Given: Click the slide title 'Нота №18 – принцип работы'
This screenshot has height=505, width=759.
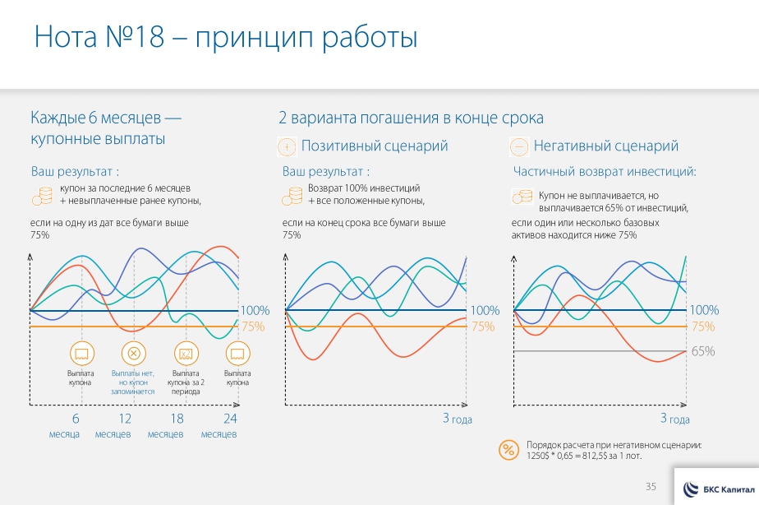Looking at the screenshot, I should pos(225,38).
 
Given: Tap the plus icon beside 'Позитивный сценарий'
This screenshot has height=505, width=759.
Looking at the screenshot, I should pos(287,147).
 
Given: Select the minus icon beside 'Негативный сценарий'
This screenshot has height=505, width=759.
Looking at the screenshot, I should pos(519,147).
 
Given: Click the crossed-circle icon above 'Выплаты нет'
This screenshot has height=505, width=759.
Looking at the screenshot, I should pos(132,354).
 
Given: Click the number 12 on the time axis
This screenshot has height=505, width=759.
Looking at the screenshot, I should pos(125,419).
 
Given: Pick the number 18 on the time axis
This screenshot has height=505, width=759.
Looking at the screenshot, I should pos(177,419).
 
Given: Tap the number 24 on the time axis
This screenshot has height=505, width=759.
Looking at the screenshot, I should pos(230,419).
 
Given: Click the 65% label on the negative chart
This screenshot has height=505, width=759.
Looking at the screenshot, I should pos(703,351).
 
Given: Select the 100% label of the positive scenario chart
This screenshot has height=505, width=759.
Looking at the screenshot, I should pos(485,310).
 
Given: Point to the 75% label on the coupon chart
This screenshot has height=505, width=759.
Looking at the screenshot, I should pos(253,327).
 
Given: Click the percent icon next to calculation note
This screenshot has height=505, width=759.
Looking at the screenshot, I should pos(508,449).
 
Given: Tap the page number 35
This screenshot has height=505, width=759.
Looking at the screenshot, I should pos(651,486).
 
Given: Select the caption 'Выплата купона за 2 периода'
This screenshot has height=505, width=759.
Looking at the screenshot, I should pos(186,382).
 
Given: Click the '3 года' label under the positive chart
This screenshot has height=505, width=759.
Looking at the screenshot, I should pos(457,419).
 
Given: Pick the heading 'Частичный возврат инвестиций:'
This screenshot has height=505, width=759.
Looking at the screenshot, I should pos(605,172).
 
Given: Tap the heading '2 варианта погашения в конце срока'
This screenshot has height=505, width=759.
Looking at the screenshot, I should pos(412,118).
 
